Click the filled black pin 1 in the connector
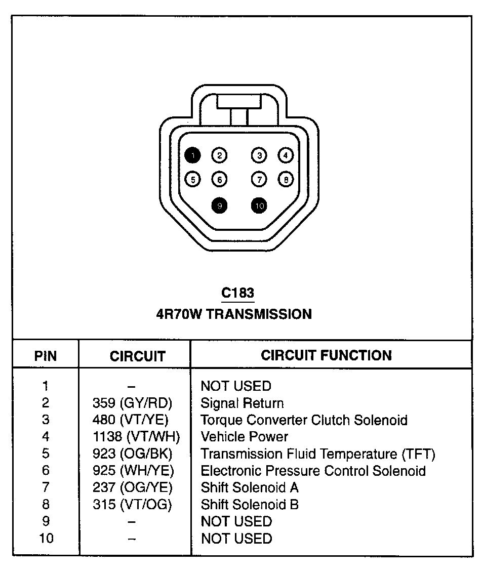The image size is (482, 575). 193,155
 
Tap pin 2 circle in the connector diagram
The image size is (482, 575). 219,155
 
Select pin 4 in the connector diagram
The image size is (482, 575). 286,155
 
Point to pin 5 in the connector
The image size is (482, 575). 193,179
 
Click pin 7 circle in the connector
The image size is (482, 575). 259,179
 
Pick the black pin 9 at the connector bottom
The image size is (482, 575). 219,205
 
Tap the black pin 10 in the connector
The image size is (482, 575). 259,205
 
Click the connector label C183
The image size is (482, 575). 238,293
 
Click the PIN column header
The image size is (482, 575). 46,356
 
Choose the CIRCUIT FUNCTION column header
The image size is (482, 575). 326,355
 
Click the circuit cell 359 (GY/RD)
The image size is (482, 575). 133,403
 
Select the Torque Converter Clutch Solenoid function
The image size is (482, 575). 304,420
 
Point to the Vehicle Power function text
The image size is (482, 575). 245,437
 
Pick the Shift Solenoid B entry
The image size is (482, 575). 250,505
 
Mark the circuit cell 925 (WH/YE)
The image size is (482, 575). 133,471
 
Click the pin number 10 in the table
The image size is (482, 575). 46,538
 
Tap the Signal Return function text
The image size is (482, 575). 242,403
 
